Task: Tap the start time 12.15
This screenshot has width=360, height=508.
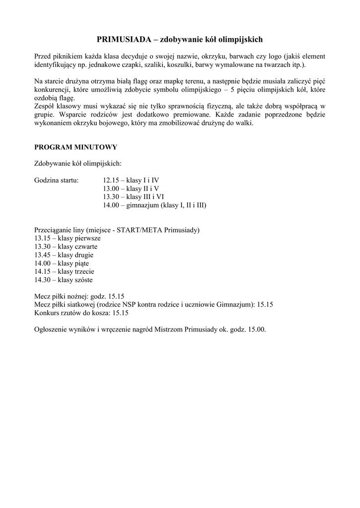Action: (x=112, y=180)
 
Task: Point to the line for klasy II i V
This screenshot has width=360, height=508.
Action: (x=131, y=189)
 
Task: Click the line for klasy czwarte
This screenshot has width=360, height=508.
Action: (x=66, y=247)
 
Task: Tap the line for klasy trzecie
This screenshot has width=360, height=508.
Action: (x=64, y=271)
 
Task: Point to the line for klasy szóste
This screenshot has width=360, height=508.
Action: (x=63, y=280)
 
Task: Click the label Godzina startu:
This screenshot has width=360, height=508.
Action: (x=56, y=180)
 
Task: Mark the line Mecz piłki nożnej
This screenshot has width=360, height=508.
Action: (x=79, y=296)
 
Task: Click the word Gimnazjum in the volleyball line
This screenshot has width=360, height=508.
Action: (x=235, y=305)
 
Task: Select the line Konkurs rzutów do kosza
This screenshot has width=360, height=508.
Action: (x=81, y=313)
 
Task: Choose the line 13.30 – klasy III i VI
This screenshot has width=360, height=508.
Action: (x=134, y=197)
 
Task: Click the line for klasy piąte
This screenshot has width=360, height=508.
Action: (x=62, y=263)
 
